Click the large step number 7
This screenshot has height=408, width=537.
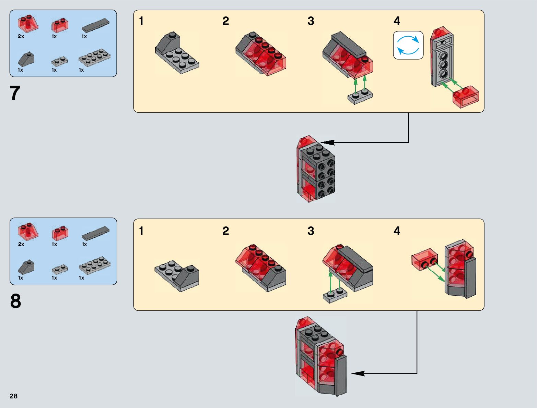tap(15, 93)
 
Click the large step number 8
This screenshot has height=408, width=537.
tap(15, 301)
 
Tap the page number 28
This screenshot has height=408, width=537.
tap(13, 396)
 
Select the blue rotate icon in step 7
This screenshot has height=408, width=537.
tap(408, 45)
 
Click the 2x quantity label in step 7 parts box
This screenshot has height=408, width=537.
tap(21, 36)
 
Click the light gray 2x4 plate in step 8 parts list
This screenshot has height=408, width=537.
tap(94, 266)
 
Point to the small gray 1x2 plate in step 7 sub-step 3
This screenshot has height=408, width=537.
tap(360, 97)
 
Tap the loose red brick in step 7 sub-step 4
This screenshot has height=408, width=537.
tap(466, 96)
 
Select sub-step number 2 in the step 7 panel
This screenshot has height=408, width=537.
tap(225, 21)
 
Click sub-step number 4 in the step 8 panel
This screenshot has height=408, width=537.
tap(397, 231)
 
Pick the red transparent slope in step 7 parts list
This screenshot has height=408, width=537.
tap(27, 24)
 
